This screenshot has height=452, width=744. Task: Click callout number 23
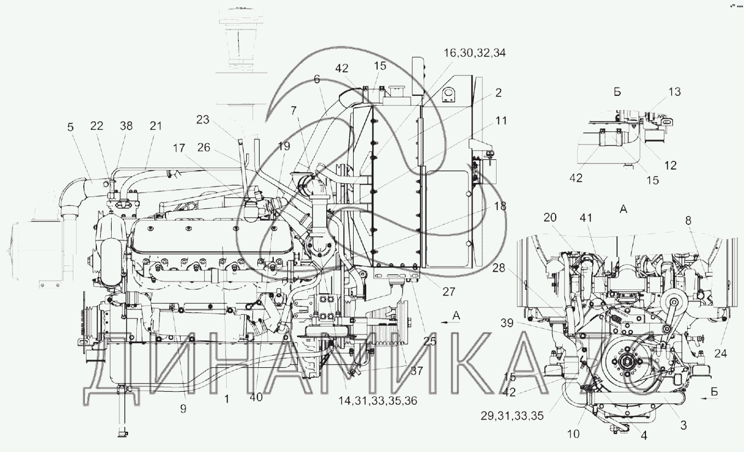click(x=203, y=119)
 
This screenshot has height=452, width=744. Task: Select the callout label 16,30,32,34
click(x=475, y=53)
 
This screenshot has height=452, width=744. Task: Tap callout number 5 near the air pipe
click(x=70, y=127)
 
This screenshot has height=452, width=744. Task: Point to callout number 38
click(x=126, y=126)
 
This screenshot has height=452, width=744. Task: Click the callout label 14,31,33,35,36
click(x=378, y=401)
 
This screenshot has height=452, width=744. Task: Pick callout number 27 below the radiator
click(x=448, y=292)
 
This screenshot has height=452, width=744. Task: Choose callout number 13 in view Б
click(x=674, y=92)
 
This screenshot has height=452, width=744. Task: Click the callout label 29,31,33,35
click(x=512, y=415)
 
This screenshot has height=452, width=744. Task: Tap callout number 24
click(x=720, y=354)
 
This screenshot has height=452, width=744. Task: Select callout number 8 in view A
click(x=688, y=221)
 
